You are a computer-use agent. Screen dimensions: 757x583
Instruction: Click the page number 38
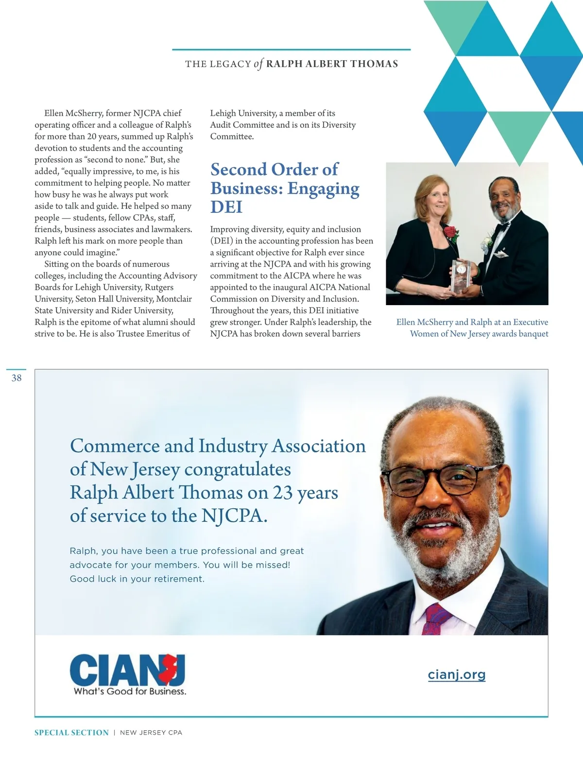(17, 378)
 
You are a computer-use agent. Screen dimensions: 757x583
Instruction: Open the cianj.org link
(457, 674)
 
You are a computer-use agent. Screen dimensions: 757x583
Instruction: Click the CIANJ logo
(127, 670)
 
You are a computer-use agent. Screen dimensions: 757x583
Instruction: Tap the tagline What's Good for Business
(130, 691)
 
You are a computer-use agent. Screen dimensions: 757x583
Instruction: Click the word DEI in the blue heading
(226, 207)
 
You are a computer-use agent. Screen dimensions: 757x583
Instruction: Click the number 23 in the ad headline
(282, 493)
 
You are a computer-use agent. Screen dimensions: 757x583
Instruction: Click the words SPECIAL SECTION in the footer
(71, 733)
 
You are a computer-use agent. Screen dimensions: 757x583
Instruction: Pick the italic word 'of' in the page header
(258, 64)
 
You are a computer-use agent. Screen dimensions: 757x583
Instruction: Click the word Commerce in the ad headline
(115, 446)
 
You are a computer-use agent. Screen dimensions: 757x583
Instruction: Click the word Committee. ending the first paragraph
(232, 137)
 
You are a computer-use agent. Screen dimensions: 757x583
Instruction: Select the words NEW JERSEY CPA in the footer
(151, 733)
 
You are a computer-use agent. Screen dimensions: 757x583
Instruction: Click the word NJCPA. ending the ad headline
(234, 516)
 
